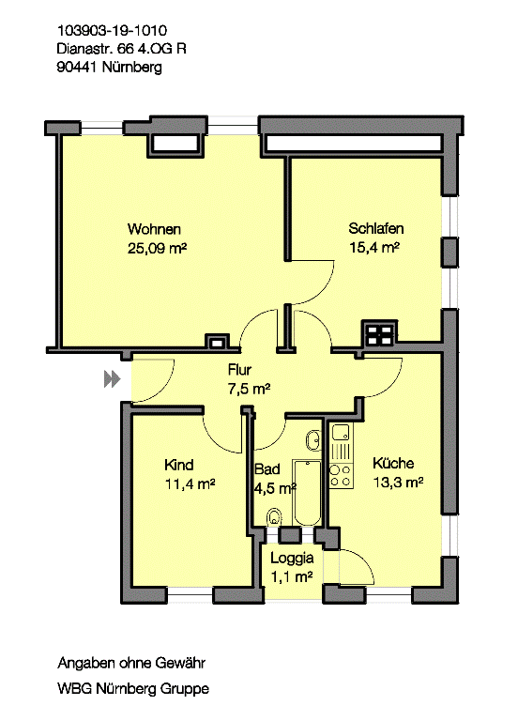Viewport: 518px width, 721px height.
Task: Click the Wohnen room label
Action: coord(154,229)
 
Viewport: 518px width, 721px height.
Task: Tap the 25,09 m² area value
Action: coord(157,248)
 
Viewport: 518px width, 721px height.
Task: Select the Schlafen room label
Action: coord(376,228)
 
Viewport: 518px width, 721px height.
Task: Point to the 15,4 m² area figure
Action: coord(374,248)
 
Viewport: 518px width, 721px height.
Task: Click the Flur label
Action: coord(239,370)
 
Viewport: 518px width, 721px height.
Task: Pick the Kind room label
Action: coord(179,465)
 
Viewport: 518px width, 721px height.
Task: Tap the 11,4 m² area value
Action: coord(190,484)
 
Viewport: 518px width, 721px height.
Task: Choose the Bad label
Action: coord(267,469)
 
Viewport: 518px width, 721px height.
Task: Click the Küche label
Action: coord(393,463)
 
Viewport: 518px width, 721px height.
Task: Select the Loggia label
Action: coord(292,558)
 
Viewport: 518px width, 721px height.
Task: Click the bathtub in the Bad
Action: coord(307,492)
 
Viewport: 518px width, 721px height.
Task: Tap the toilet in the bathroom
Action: coord(274,517)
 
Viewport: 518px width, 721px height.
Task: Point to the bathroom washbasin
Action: coord(313,441)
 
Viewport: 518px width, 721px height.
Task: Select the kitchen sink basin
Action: coord(341,433)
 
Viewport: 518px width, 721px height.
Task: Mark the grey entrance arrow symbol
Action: coord(113,379)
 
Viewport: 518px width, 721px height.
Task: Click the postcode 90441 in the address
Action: coord(76,68)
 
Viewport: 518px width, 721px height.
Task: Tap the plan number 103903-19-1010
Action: coord(112,31)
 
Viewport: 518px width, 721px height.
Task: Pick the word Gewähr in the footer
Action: coord(180,663)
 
